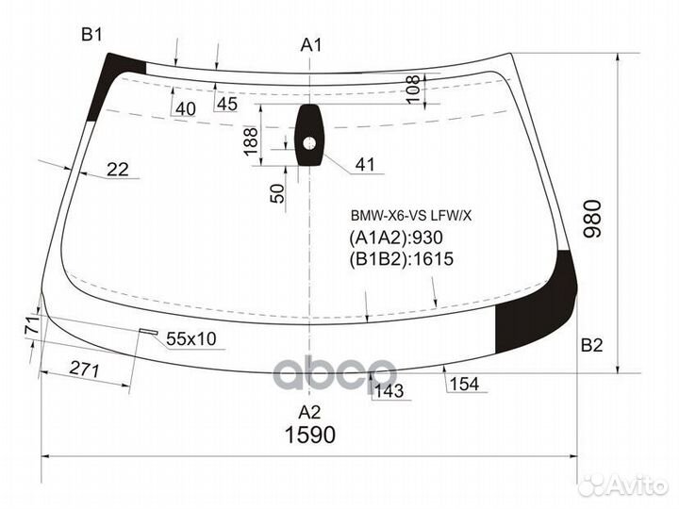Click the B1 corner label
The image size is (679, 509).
click(91, 35)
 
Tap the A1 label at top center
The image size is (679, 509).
click(311, 45)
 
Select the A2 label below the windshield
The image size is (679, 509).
click(309, 411)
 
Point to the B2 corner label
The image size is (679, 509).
click(591, 345)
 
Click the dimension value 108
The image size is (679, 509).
click(412, 89)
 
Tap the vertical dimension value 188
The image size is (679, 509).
click(251, 142)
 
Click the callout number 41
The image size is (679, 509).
click(364, 166)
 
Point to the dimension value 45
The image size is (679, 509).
click(226, 104)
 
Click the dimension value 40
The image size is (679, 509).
click(185, 109)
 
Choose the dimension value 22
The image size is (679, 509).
click(117, 170)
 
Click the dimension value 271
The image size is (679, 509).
click(85, 369)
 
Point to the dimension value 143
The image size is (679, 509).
click(388, 390)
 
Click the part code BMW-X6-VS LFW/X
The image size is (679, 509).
click(411, 215)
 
